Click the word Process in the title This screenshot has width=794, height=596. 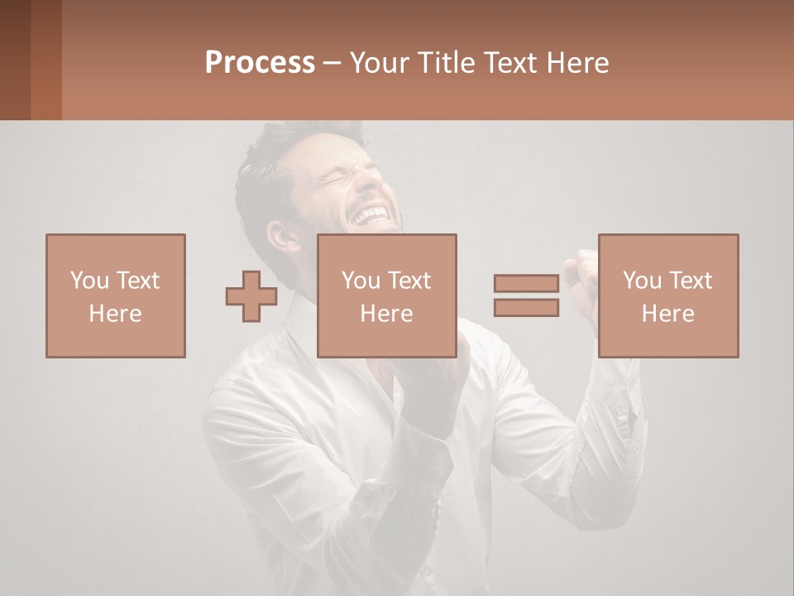[260, 63]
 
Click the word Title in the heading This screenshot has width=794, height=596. [446, 63]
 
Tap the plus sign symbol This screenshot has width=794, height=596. [251, 296]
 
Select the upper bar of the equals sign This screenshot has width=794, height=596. [526, 284]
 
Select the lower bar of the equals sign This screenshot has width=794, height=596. [526, 307]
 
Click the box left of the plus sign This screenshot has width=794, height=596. [115, 296]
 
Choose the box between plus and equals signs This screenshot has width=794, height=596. [386, 296]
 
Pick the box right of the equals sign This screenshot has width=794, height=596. [667, 296]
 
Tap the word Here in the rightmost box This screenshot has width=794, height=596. [667, 314]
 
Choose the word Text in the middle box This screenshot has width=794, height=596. [409, 281]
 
